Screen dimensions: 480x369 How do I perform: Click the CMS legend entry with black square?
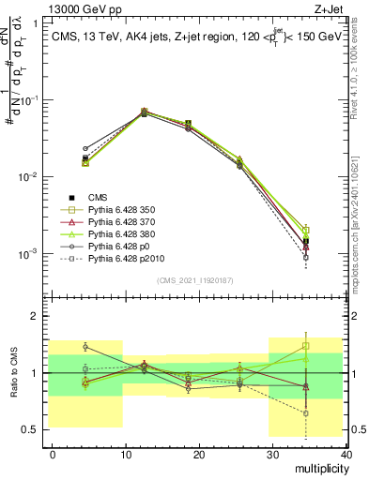[x=99, y=197]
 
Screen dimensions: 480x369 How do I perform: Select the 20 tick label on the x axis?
[x=198, y=453]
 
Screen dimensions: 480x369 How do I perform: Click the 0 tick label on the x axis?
[x=53, y=453]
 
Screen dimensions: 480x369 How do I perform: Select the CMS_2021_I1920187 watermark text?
[x=197, y=280]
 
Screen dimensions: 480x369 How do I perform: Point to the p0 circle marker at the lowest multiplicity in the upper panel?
[x=85, y=148]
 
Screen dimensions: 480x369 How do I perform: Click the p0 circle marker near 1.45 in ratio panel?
[x=85, y=347]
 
